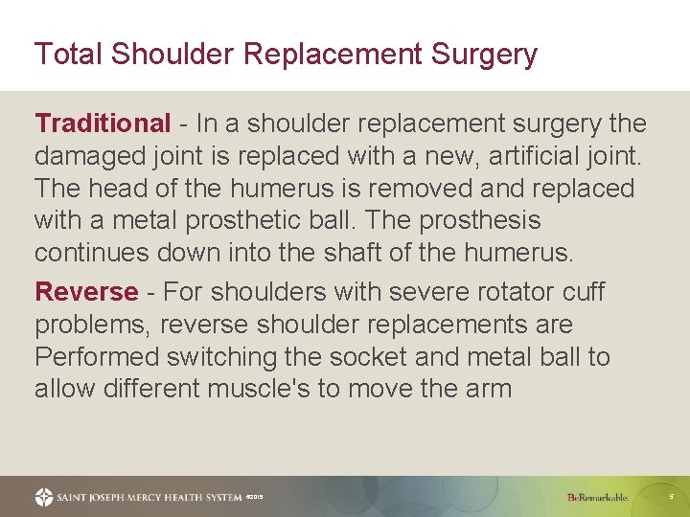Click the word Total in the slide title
click(x=68, y=55)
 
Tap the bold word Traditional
click(x=102, y=124)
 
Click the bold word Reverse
click(x=86, y=292)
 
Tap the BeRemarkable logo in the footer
click(x=597, y=497)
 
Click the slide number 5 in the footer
click(x=671, y=497)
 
